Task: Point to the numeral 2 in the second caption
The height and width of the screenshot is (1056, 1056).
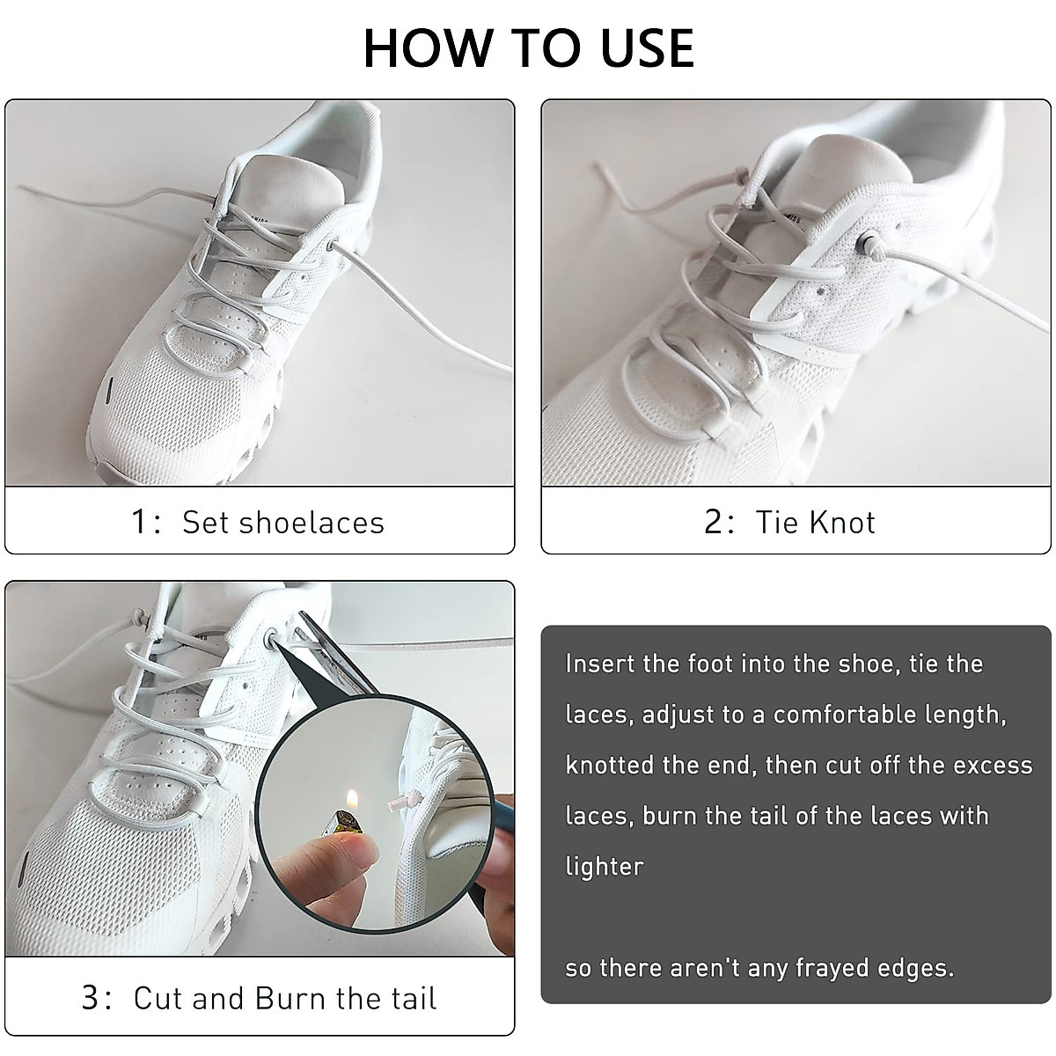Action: pyautogui.click(x=714, y=522)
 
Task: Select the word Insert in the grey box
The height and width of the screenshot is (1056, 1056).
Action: pyautogui.click(x=600, y=664)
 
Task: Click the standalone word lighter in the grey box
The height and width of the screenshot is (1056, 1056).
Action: pyautogui.click(x=605, y=866)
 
